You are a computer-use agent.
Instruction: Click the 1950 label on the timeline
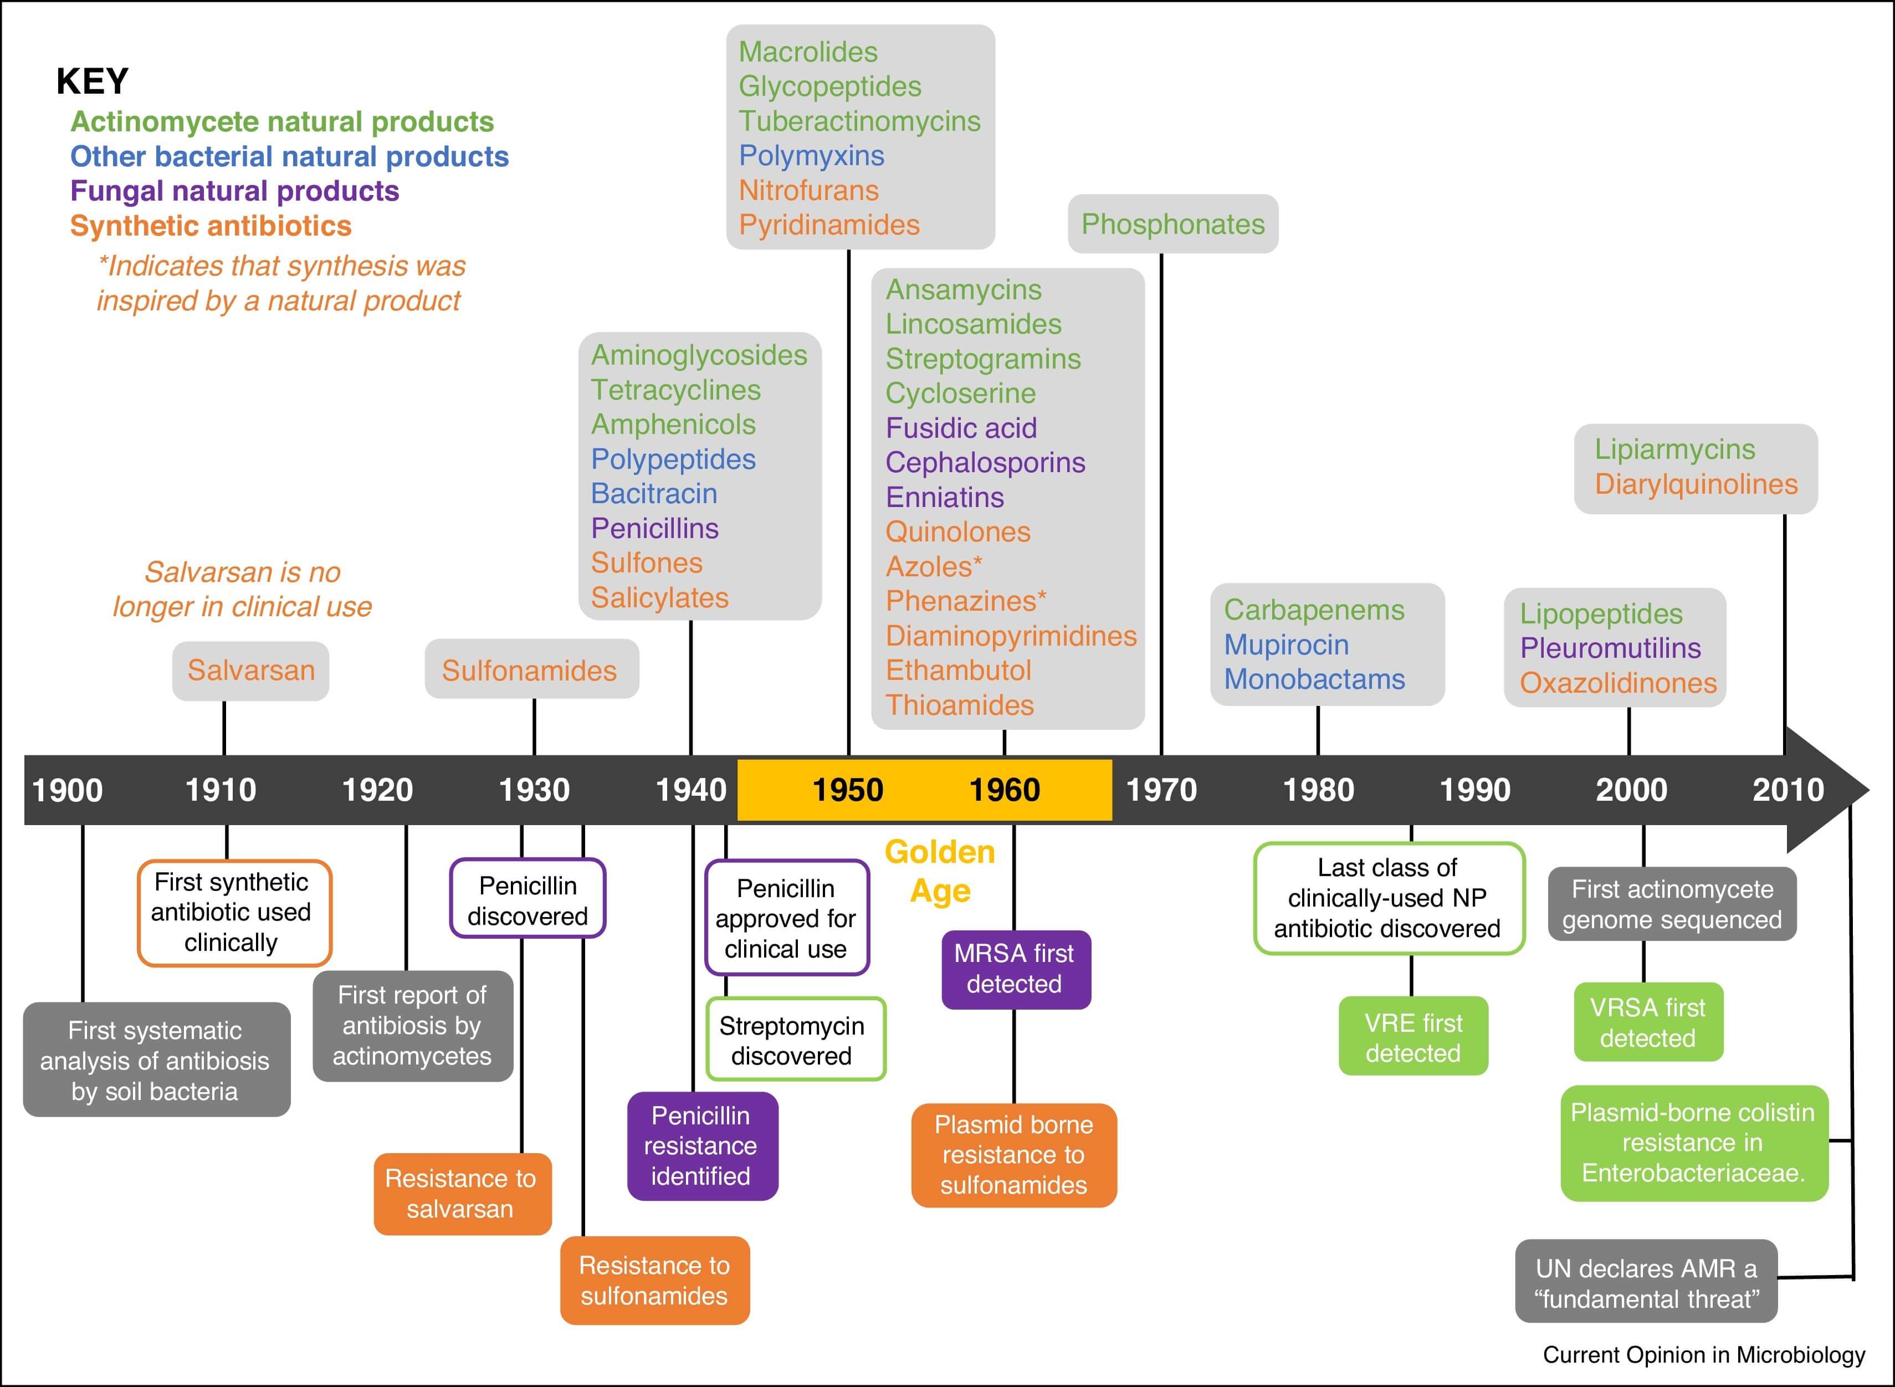coord(847,790)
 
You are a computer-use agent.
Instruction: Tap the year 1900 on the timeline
coord(67,790)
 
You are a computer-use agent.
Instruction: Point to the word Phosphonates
coord(1172,224)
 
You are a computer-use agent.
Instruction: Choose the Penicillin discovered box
coord(527,900)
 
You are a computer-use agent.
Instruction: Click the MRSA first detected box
coord(1014,969)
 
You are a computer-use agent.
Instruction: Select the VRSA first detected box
coord(1647,1022)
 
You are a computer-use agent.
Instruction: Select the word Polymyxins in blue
coord(811,155)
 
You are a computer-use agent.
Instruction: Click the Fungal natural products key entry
coord(234,191)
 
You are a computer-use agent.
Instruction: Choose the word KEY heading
coord(93,81)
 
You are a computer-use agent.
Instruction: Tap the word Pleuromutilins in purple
coord(1610,648)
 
